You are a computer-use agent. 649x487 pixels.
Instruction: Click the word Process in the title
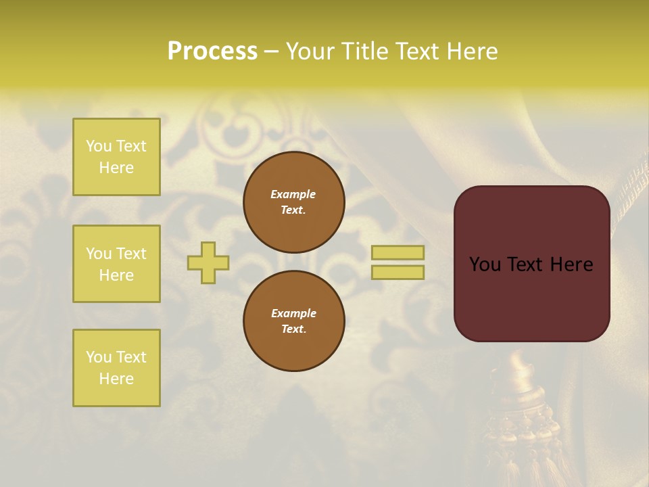212,51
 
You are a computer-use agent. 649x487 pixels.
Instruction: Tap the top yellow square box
116,157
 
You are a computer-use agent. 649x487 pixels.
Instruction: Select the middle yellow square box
116,264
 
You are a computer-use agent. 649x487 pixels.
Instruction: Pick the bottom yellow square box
116,368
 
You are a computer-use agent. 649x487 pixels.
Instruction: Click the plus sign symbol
208,262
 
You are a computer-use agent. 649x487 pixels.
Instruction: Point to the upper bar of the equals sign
398,253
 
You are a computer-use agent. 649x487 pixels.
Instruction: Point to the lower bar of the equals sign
398,272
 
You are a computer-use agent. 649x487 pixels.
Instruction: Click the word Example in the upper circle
293,194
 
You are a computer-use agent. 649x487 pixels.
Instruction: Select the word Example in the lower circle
293,313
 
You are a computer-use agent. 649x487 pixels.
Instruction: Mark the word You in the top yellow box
99,146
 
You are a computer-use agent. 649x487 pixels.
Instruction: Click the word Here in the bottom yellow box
116,379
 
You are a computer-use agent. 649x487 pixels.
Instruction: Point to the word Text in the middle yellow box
131,254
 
